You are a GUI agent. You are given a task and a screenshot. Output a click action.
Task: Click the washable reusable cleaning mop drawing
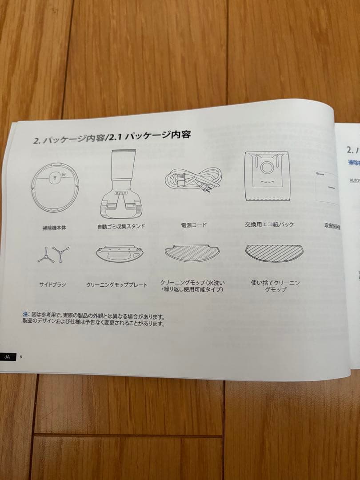(192, 254)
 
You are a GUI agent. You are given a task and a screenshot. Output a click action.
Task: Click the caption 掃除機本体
(54, 228)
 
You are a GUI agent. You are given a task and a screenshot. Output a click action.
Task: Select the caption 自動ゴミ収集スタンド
(121, 226)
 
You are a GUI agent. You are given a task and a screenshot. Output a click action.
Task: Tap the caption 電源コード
(194, 225)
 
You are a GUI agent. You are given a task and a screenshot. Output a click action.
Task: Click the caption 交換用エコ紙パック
(269, 224)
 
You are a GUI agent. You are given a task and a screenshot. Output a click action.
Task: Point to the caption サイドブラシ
(52, 284)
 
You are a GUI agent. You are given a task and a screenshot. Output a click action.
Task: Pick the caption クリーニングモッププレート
(117, 285)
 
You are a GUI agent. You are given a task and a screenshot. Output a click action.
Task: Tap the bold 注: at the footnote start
(26, 315)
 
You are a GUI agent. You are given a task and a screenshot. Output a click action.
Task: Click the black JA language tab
(8, 357)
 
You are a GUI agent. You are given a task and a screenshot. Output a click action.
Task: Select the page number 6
(21, 357)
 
